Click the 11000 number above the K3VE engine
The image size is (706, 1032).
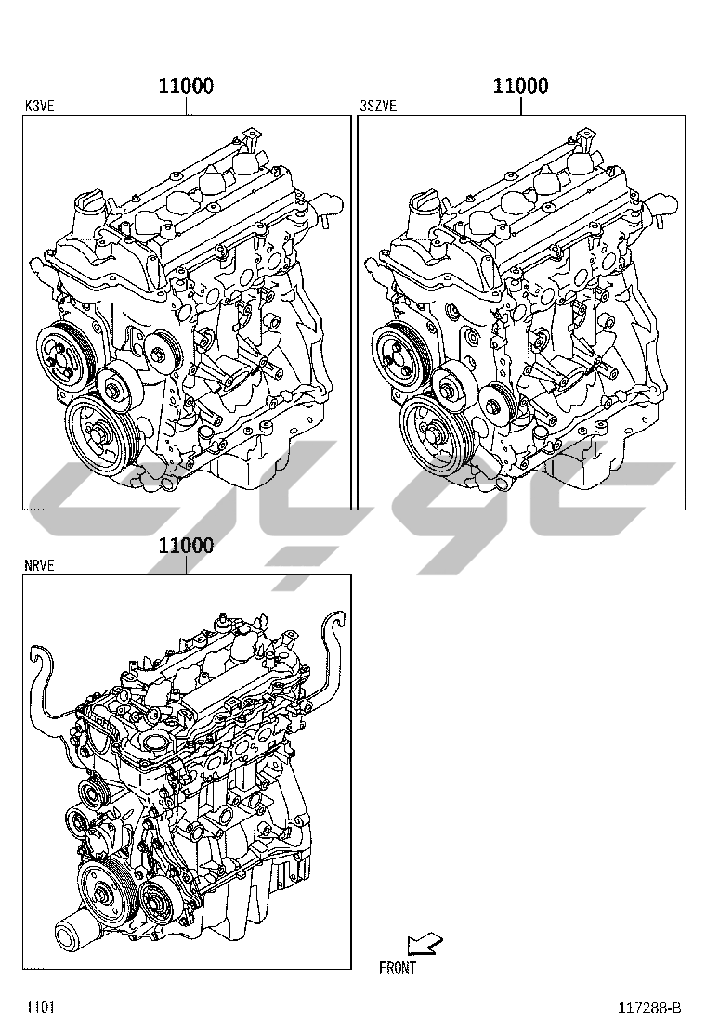(x=186, y=85)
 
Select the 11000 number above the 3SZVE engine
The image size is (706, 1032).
(x=520, y=85)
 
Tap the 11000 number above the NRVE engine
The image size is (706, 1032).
(x=186, y=546)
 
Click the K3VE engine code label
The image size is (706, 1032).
(x=40, y=106)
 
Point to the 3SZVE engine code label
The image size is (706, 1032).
(x=379, y=106)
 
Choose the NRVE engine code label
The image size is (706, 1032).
(x=40, y=565)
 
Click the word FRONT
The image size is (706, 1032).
(x=398, y=967)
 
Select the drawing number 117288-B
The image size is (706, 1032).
(x=649, y=1008)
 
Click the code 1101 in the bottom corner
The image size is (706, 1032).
(x=41, y=1008)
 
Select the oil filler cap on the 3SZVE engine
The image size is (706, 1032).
(x=422, y=212)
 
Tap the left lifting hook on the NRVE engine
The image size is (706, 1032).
(x=46, y=685)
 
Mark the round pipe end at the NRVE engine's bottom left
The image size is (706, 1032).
(x=68, y=936)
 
